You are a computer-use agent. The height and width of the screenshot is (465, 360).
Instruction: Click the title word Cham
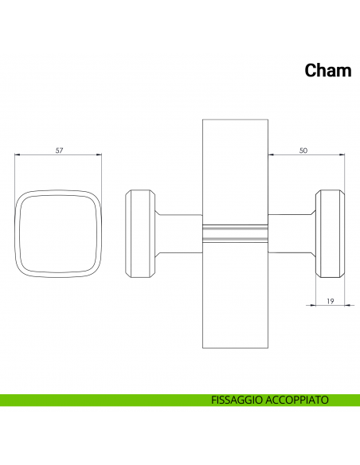328,71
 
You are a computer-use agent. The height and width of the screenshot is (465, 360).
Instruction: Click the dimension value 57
59,150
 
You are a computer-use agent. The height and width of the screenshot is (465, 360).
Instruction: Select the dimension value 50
303,150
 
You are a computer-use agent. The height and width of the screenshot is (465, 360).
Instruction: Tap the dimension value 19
330,301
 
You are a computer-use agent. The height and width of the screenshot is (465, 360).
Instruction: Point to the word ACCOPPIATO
297,400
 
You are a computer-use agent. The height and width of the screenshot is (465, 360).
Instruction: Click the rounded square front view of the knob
15,233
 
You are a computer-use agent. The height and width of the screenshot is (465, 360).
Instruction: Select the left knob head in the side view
140,233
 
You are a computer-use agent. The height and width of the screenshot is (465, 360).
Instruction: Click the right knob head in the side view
330,233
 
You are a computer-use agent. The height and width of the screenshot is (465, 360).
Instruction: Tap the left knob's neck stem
179,233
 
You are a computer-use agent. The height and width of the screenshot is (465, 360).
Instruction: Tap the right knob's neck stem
292,233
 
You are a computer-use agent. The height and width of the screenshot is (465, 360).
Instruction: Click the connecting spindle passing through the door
235,233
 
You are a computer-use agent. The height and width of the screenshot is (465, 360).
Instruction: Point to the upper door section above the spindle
235,172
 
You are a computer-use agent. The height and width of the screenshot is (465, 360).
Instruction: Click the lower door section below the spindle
235,295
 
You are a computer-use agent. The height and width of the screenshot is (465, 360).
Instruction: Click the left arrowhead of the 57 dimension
17,154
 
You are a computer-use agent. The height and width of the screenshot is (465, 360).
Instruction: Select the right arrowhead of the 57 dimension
100,154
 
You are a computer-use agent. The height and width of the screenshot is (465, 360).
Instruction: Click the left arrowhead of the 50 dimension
271,154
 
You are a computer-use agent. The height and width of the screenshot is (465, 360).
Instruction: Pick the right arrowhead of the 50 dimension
342,154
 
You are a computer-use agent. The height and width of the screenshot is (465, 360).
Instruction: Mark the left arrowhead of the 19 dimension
313,305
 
